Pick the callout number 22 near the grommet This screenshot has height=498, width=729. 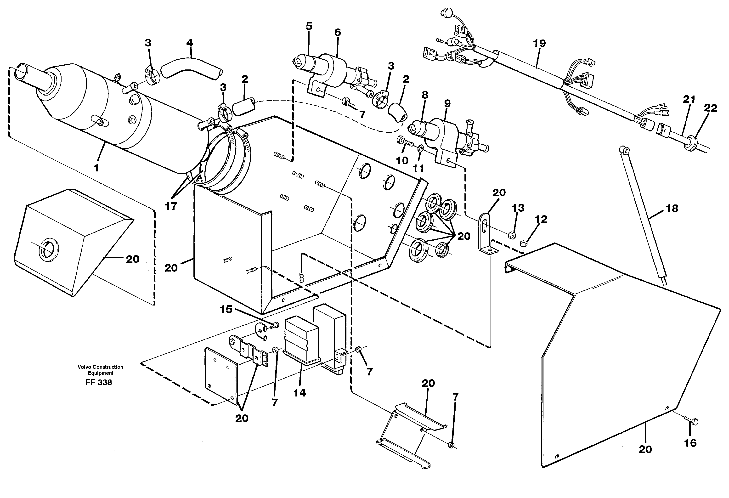pyautogui.click(x=710, y=108)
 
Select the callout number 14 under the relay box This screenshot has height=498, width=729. pyautogui.click(x=299, y=393)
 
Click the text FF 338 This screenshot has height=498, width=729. pyautogui.click(x=98, y=383)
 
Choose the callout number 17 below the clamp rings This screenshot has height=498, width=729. pyautogui.click(x=171, y=206)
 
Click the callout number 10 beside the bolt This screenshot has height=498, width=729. pyautogui.click(x=402, y=160)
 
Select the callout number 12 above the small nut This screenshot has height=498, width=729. pyautogui.click(x=541, y=219)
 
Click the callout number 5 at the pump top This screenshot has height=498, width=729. pyautogui.click(x=309, y=26)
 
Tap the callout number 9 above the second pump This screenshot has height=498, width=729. pyautogui.click(x=447, y=104)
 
